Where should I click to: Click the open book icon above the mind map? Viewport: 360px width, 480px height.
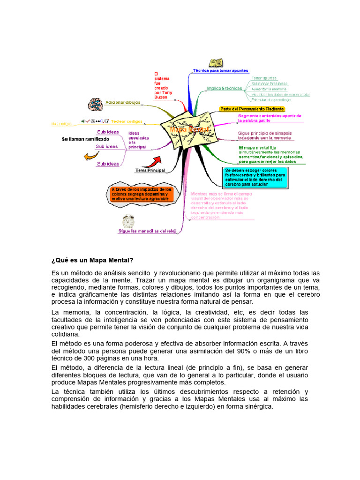coord(216,62)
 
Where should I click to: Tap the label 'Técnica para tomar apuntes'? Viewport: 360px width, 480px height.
coord(220,71)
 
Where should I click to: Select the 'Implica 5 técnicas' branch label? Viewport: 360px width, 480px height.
coord(224,88)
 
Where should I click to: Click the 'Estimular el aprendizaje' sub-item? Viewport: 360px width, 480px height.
coord(271,100)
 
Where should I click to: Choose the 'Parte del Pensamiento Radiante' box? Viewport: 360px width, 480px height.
coord(252,109)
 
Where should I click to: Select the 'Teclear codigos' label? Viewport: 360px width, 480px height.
coord(127,121)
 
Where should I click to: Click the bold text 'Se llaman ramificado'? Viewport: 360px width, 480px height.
coord(85,139)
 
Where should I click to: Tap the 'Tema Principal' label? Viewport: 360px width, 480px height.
coord(150,170)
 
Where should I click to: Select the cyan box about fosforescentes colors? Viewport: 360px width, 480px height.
coord(255,178)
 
